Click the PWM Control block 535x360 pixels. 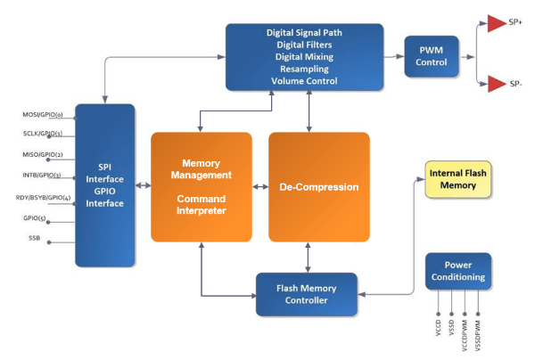(431, 56)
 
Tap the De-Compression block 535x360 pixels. (319, 188)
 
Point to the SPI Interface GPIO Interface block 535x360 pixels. (104, 184)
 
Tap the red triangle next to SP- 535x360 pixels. (494, 85)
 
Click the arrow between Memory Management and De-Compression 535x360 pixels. (260, 187)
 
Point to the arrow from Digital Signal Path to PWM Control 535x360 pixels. (394, 56)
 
